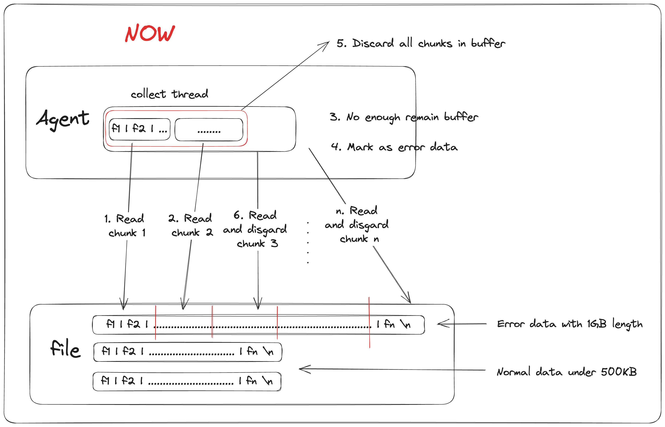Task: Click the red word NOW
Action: (150, 33)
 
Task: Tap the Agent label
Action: (63, 119)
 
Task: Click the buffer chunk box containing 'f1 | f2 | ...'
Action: (139, 129)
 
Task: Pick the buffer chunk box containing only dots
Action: (209, 130)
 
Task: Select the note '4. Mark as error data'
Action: (394, 147)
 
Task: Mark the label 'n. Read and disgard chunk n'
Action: (357, 225)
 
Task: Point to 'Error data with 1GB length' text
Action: (569, 324)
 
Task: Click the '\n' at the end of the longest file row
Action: (405, 324)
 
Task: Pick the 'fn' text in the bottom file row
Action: (251, 381)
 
